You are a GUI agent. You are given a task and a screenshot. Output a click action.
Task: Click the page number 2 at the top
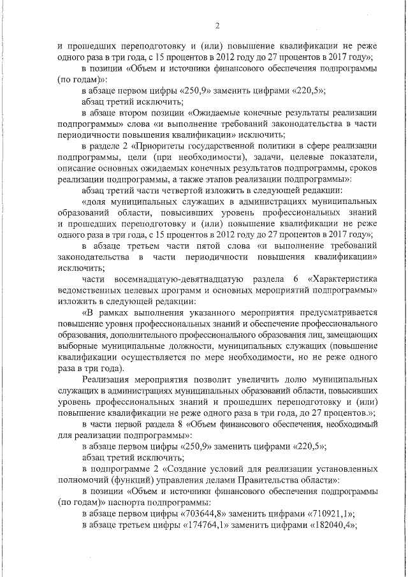[217, 26]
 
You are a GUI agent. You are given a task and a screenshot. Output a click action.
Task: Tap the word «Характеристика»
[343, 279]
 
